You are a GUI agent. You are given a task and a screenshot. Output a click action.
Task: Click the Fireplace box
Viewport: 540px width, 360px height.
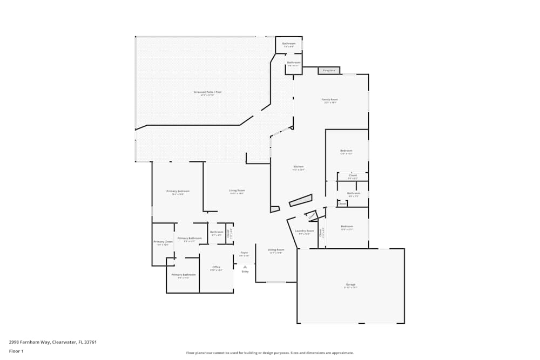tap(329, 70)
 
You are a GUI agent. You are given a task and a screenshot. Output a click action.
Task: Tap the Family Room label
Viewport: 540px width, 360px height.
tap(329, 100)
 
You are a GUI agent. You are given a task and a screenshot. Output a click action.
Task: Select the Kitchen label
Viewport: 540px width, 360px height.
tap(299, 167)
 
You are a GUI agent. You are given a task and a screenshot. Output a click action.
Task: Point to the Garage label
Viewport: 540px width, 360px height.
tap(350, 284)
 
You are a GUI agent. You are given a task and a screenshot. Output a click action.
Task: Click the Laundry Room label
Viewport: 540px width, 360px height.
tap(304, 231)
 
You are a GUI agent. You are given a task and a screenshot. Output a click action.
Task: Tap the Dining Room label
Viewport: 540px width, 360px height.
tap(276, 250)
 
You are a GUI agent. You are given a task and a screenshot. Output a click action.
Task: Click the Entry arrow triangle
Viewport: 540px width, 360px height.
tap(245, 267)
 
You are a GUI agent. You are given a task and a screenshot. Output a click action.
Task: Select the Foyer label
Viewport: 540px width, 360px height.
tap(244, 253)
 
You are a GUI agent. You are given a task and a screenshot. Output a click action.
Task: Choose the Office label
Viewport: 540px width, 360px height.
tap(216, 267)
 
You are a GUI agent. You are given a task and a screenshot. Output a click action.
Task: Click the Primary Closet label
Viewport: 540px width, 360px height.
tap(163, 242)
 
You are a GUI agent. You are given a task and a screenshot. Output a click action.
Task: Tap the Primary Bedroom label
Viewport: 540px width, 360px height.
tap(178, 191)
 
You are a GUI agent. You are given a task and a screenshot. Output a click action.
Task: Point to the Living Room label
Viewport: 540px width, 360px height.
tap(237, 191)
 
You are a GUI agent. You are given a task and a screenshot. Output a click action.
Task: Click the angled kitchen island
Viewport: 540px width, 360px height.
tap(301, 200)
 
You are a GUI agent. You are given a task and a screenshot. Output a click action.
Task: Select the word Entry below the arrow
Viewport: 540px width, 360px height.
tap(245, 271)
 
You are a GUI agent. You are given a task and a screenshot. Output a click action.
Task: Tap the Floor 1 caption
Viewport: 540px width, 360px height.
tap(16, 351)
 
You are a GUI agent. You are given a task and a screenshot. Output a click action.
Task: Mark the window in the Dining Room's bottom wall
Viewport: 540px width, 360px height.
tap(276, 282)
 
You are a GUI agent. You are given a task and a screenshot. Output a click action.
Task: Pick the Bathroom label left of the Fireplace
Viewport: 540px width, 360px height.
tap(293, 63)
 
